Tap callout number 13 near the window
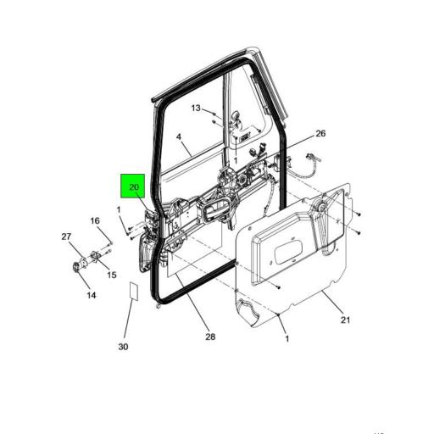click(x=196, y=108)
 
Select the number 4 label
click(x=179, y=136)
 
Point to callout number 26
click(x=320, y=134)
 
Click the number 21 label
click(x=345, y=320)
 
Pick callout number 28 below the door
click(x=209, y=337)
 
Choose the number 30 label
click(x=123, y=347)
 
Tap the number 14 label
click(x=91, y=295)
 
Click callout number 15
click(x=111, y=274)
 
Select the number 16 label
click(x=96, y=221)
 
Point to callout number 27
click(x=65, y=236)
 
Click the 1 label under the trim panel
click(x=286, y=338)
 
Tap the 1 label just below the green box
click(x=120, y=209)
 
